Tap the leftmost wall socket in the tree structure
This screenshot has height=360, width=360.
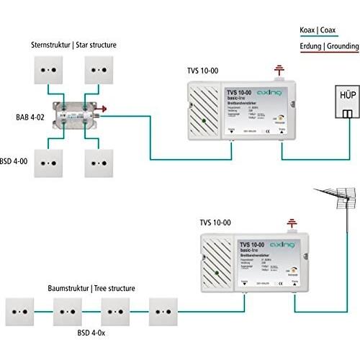(x=22, y=310)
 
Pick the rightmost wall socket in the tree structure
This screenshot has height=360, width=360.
(x=164, y=310)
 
